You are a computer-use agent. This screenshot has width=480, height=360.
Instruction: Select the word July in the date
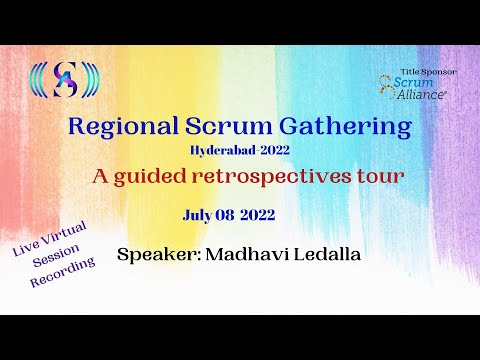(x=198, y=214)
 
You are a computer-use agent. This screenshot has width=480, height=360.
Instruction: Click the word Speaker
(x=157, y=255)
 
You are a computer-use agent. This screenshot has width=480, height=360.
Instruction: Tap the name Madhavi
(x=243, y=254)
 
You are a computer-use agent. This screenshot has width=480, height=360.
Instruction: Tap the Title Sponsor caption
(x=427, y=72)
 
